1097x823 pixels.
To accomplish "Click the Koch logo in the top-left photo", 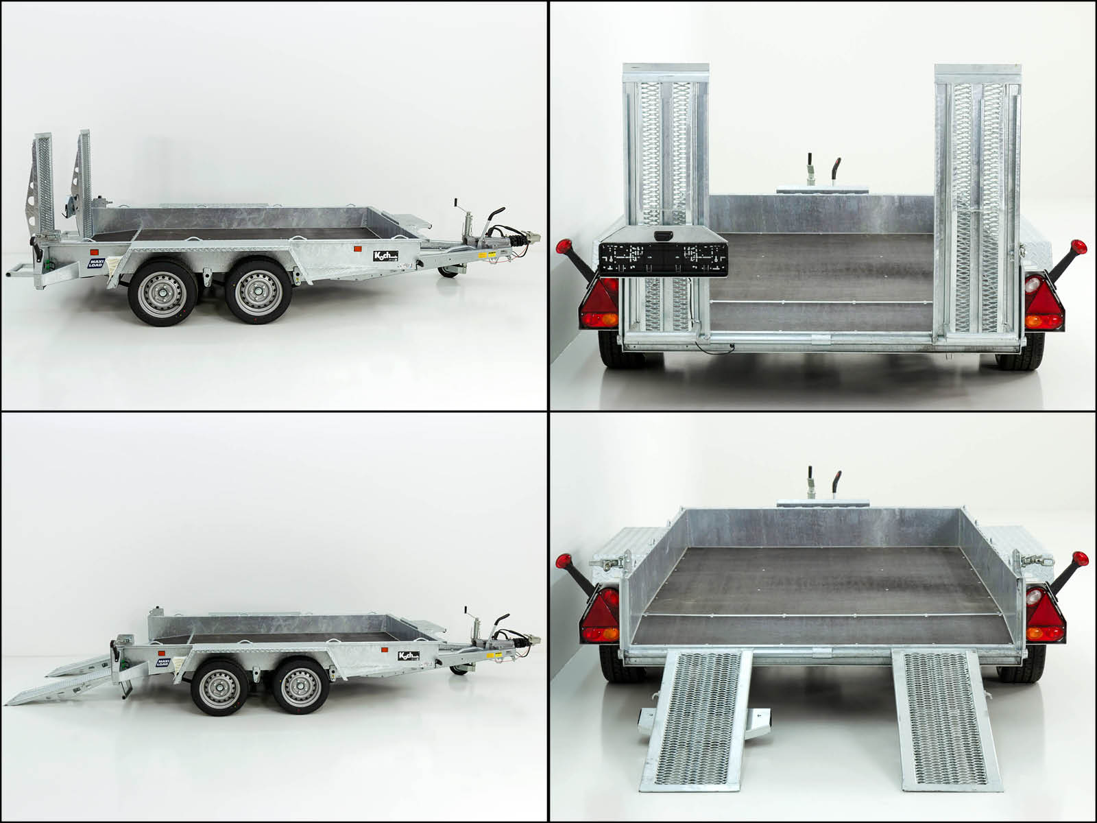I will [x=385, y=256].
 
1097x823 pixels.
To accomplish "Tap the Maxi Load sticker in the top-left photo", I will [x=97, y=263].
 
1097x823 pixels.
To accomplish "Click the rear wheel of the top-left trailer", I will [x=160, y=291].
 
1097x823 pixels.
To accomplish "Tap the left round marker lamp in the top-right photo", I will [x=565, y=248].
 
